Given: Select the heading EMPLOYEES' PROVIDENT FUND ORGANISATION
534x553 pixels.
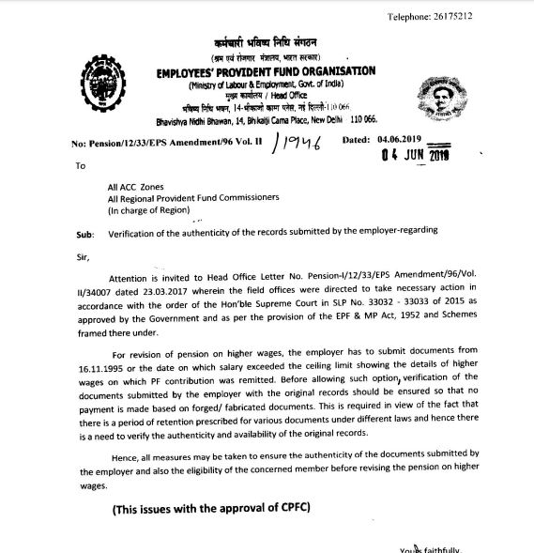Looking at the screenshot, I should tap(267, 70).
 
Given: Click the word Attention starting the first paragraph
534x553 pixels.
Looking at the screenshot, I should tap(134, 279).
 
